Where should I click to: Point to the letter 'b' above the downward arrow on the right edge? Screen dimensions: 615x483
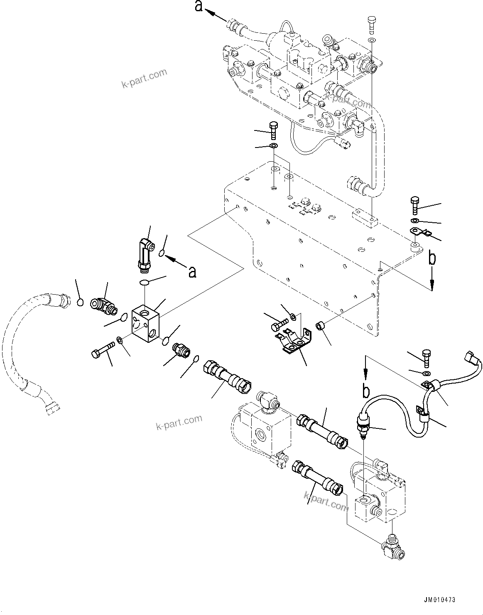pos(432,258)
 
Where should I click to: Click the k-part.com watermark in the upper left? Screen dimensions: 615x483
pos(144,78)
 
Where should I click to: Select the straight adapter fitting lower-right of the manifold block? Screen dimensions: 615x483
pos(181,351)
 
